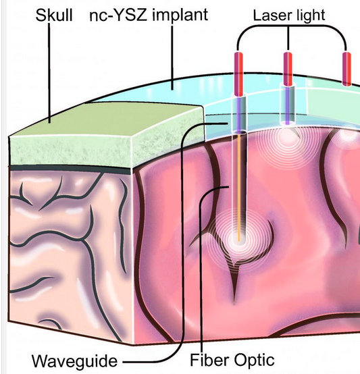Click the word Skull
click(x=54, y=16)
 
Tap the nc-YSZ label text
click(x=118, y=15)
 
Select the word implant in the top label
click(x=180, y=16)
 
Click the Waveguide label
click(x=75, y=361)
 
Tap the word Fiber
click(x=210, y=360)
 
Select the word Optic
click(x=255, y=361)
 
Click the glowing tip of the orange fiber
click(x=239, y=240)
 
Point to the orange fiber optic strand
click(x=239, y=187)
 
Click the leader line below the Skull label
click(x=49, y=73)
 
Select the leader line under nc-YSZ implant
click(x=172, y=58)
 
